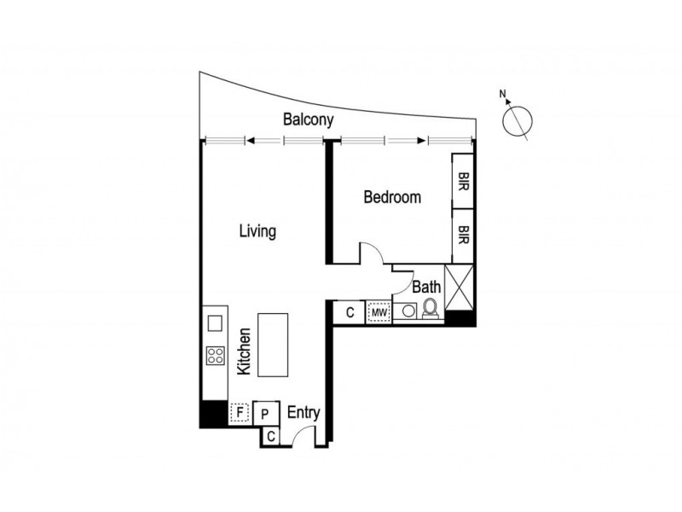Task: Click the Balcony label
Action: (308, 120)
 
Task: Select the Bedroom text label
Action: (392, 197)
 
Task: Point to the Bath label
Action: (426, 288)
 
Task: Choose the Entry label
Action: (303, 413)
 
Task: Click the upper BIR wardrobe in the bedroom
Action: (463, 181)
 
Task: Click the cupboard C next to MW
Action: (350, 313)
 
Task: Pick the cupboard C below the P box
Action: (270, 436)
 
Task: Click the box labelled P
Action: (265, 414)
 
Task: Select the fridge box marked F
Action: (240, 414)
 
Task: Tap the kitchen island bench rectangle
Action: (274, 345)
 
